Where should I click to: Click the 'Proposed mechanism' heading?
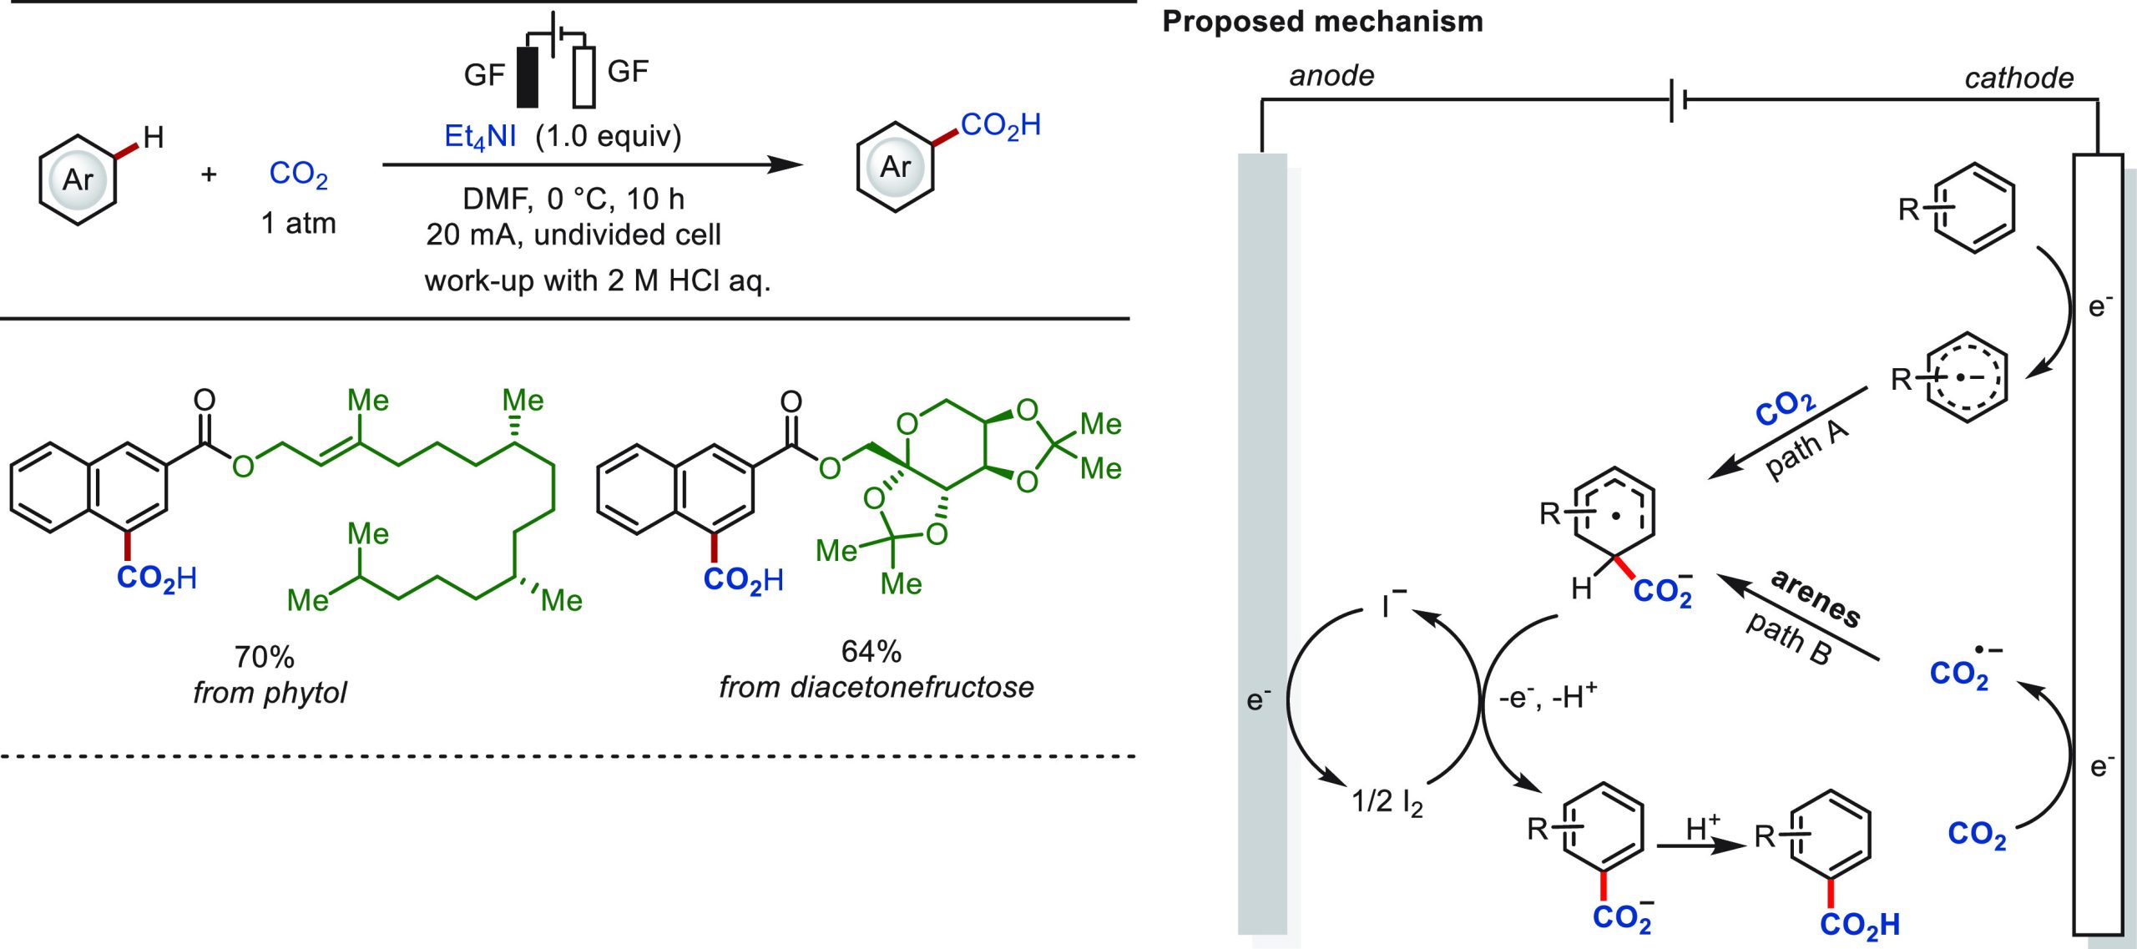1322,22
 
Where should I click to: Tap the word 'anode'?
1331,76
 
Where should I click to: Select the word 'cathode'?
2018,78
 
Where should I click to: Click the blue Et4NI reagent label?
480,137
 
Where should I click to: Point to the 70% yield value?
264,657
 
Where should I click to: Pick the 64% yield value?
871,651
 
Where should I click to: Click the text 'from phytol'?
270,693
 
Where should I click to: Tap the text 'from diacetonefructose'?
877,687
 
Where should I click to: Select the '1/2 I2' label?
1387,802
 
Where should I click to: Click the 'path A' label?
1808,450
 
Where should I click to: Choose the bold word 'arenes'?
1815,598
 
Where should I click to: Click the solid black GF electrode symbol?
528,77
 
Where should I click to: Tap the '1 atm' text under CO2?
298,224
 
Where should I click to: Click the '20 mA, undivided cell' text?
573,235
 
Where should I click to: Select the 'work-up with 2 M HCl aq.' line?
598,280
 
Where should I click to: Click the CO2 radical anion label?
1966,668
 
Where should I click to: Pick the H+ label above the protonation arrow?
1703,827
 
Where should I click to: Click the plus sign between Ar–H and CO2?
209,174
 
